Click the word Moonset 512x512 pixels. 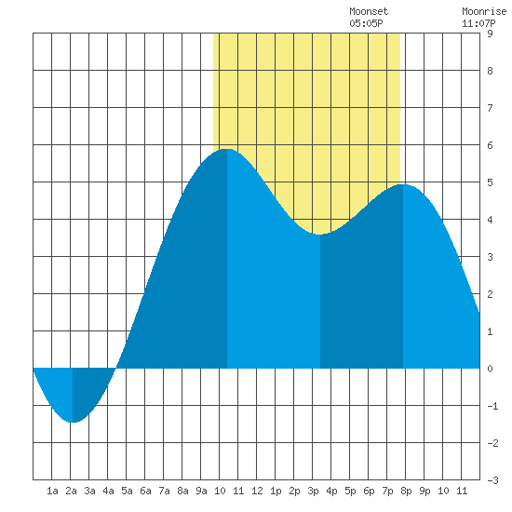click(x=369, y=11)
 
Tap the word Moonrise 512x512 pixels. click(x=484, y=11)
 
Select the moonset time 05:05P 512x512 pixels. click(x=366, y=23)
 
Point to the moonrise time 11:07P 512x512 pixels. click(x=478, y=23)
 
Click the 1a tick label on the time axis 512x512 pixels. click(x=52, y=491)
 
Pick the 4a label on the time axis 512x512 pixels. click(x=108, y=491)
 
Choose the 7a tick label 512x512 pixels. click(x=164, y=491)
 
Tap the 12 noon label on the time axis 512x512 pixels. click(x=257, y=491)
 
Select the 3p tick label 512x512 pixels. click(x=313, y=491)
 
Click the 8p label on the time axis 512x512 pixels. click(x=406, y=491)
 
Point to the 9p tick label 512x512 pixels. click(x=424, y=491)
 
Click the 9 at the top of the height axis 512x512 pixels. click(x=490, y=34)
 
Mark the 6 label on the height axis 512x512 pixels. click(x=490, y=145)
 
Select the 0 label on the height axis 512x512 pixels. click(x=490, y=369)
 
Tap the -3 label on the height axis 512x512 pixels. click(x=492, y=480)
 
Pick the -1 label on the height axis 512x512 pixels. click(x=492, y=406)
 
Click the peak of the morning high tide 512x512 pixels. click(x=227, y=149)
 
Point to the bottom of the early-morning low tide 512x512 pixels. click(x=73, y=423)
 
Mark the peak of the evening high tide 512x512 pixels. click(x=403, y=184)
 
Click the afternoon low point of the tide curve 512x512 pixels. click(x=319, y=234)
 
